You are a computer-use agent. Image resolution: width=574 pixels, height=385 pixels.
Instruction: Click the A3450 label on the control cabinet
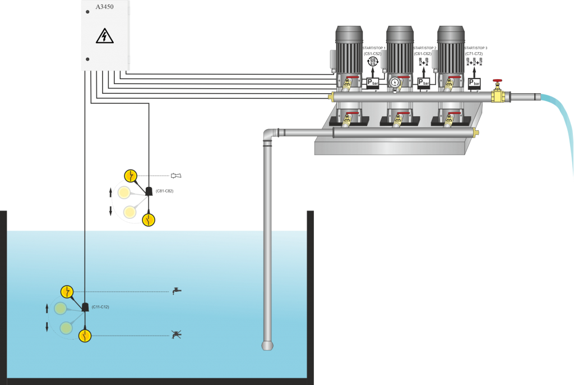105,7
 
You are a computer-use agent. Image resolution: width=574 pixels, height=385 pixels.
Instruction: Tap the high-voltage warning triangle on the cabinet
105,36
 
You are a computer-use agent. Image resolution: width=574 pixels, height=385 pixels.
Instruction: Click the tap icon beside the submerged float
177,291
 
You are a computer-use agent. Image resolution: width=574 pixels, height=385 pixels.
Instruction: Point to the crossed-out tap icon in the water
177,335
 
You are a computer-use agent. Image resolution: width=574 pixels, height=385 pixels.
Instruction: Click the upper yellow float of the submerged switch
67,291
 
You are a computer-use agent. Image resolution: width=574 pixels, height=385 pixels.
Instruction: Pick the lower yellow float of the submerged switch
84,336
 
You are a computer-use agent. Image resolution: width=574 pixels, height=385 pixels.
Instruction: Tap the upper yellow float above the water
130,176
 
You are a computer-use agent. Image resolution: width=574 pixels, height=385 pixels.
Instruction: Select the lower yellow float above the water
148,219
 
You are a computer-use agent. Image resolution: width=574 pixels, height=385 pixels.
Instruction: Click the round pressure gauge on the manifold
395,83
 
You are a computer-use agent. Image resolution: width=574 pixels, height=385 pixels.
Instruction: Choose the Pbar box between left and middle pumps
373,82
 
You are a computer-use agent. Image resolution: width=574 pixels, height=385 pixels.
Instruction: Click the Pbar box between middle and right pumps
424,82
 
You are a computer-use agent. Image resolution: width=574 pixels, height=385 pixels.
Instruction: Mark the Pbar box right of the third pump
474,83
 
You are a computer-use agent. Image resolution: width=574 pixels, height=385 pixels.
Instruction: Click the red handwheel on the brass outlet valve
497,81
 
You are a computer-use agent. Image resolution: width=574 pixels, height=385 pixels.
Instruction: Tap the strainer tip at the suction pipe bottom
267,344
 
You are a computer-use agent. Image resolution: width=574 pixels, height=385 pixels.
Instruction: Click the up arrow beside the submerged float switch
47,308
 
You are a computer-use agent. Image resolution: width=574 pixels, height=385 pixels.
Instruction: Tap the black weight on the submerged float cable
85,307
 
